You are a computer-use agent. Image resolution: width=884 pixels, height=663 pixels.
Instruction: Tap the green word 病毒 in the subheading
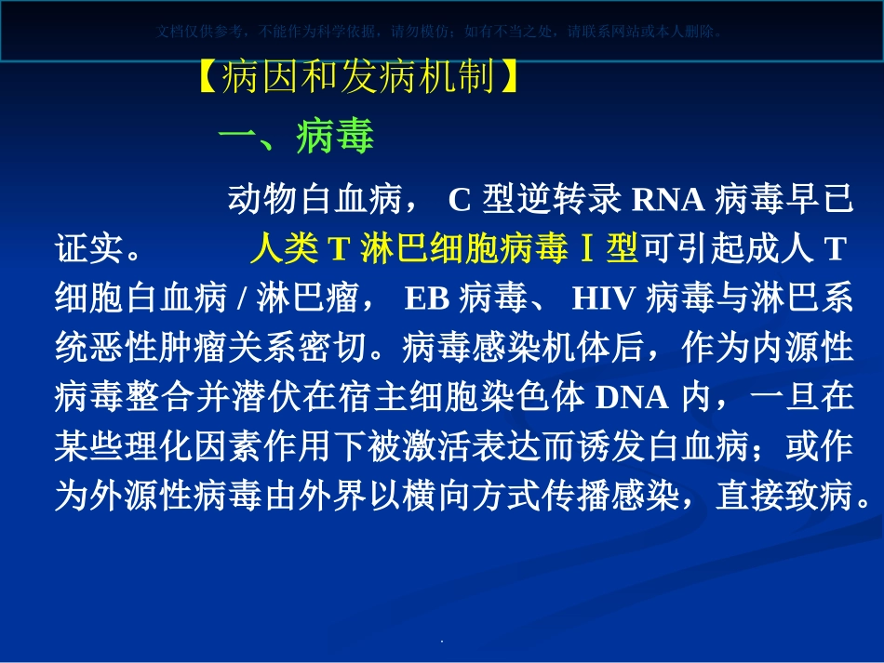(334, 137)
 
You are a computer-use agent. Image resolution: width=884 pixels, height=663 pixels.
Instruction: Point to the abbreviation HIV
(603, 298)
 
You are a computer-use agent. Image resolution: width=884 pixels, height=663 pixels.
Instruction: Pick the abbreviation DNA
(631, 397)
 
